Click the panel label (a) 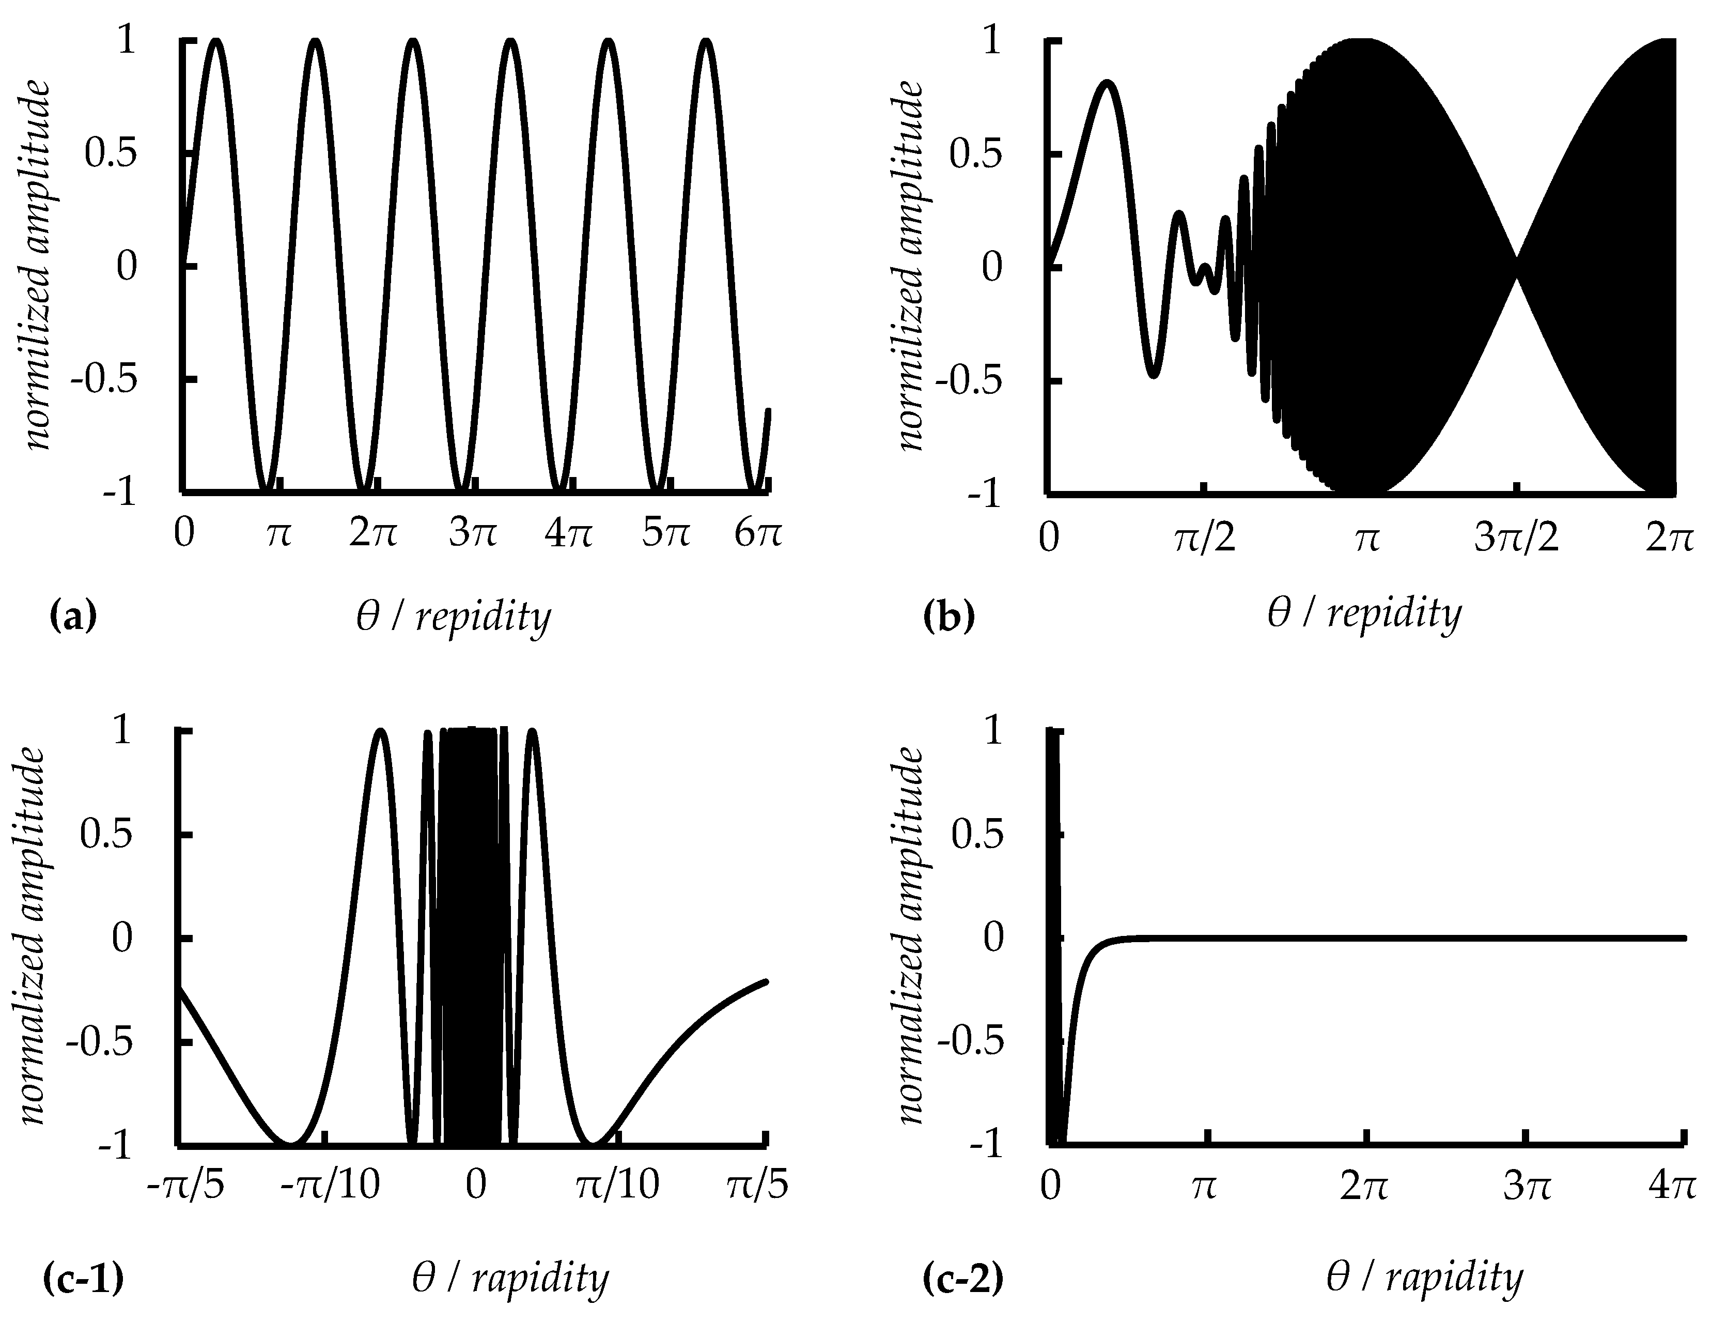click(72, 617)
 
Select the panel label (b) click(948, 617)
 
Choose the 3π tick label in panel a click(472, 535)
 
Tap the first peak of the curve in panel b click(1106, 82)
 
